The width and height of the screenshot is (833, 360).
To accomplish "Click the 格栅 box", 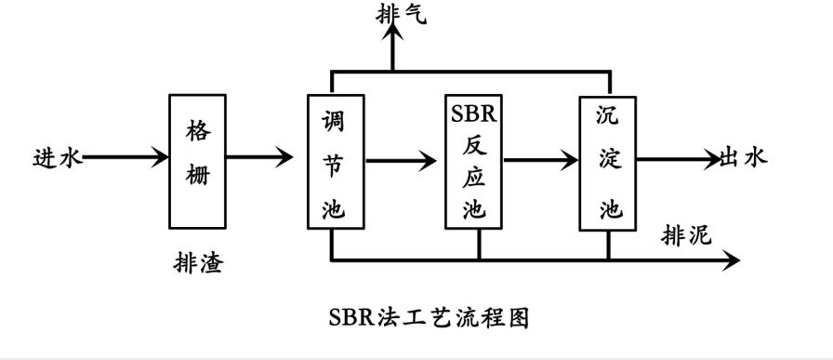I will coord(198,160).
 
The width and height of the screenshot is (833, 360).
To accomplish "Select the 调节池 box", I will coord(333,162).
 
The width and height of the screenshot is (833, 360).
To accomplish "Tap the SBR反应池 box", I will coord(474,162).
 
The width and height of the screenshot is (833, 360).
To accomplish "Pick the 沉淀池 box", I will coord(608,162).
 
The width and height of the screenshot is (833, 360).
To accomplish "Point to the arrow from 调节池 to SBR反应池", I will coord(401,162).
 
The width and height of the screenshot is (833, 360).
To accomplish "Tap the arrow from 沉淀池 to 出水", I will coord(680,159).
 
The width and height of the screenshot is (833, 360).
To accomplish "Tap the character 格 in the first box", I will coord(198,129).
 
